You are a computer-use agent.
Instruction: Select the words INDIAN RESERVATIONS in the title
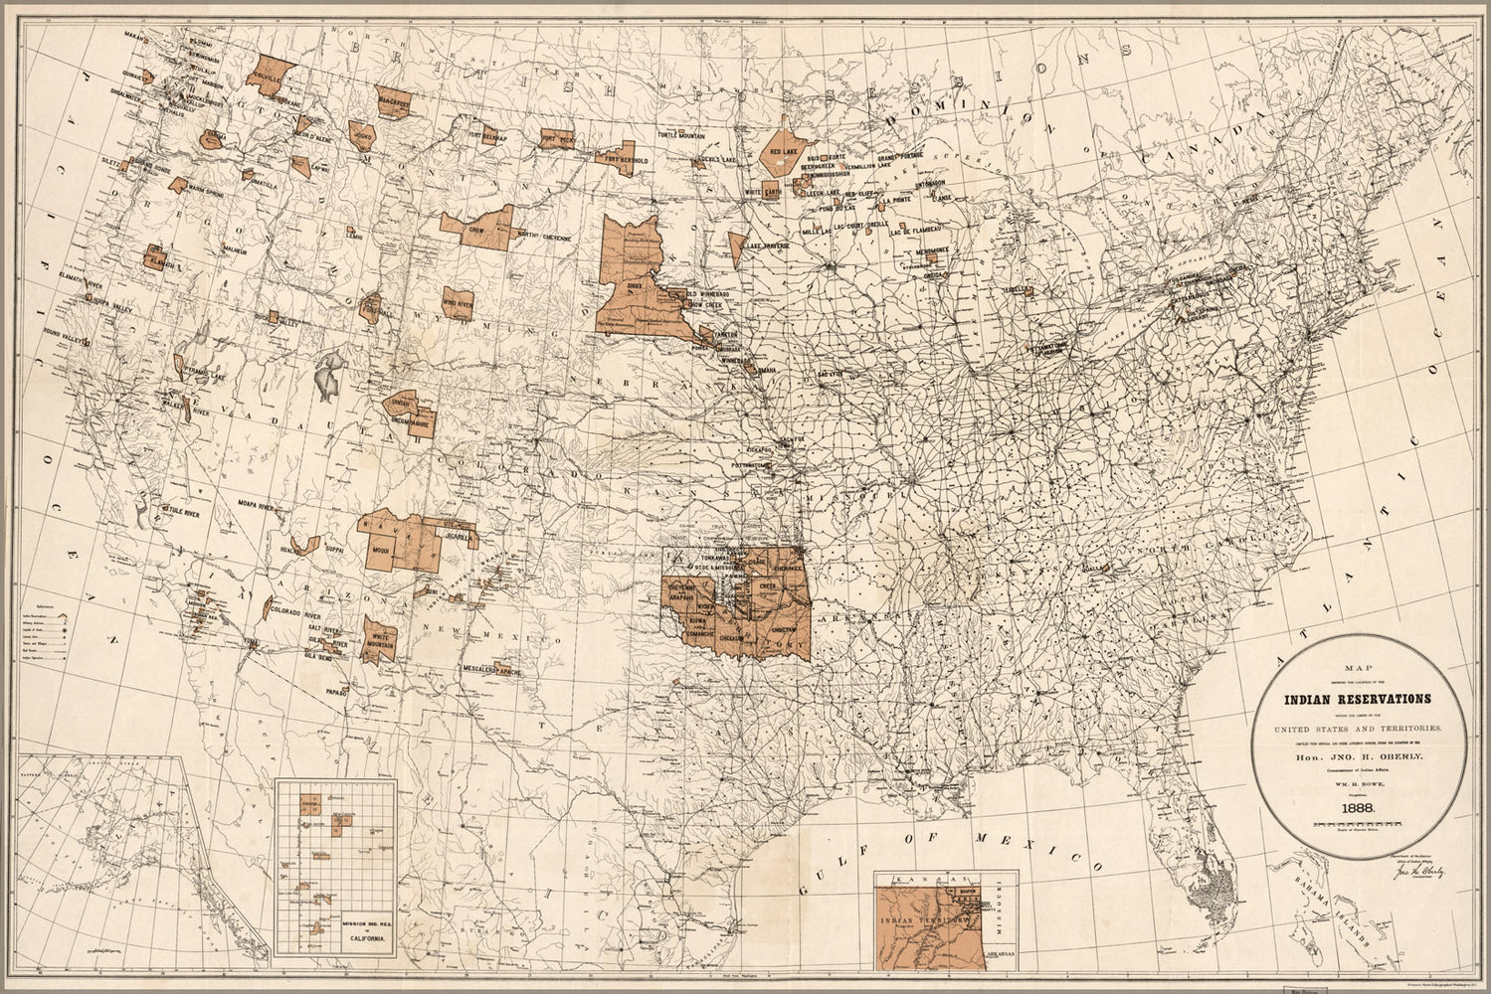[x=1359, y=698]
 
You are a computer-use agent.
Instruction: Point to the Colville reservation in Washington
[x=269, y=76]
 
